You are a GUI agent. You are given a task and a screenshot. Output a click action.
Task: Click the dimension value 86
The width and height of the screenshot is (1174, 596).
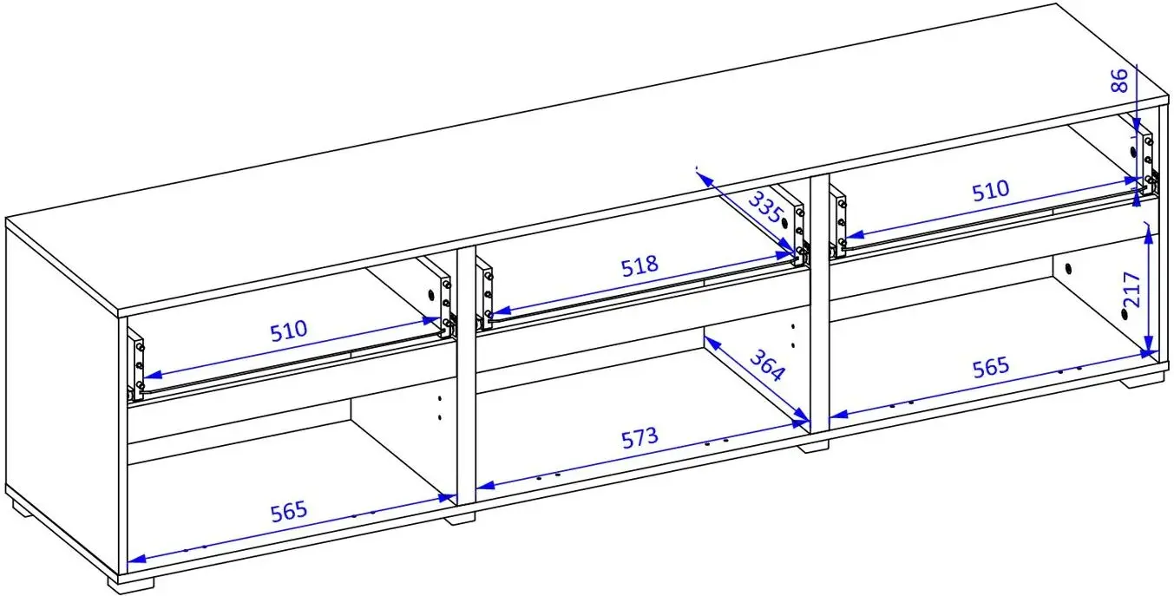coord(1118,80)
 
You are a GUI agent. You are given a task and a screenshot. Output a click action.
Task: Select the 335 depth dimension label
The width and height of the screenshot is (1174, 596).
coord(765,207)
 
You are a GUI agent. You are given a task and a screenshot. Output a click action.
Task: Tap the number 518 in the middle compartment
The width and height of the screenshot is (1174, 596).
coord(639,266)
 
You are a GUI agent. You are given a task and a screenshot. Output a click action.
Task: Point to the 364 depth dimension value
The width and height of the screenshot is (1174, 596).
coord(768,365)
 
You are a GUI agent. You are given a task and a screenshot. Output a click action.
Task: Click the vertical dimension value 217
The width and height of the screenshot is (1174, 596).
coord(1132,290)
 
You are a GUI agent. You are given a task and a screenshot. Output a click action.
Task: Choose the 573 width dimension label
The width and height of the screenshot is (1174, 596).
coord(639,438)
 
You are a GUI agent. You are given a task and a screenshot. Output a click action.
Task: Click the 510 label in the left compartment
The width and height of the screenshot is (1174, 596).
coord(288,331)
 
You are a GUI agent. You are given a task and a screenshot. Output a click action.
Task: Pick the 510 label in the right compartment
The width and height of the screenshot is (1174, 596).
coord(990,191)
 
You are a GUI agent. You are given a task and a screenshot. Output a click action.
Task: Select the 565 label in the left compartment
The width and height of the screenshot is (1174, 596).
coord(288,512)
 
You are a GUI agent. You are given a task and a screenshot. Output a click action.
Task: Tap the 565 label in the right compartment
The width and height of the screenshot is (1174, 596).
coord(990,368)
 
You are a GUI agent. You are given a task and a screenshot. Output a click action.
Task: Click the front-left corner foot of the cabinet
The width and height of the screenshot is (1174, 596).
coord(131,583)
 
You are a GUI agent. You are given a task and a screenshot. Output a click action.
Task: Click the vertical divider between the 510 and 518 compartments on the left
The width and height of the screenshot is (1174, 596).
coord(467,375)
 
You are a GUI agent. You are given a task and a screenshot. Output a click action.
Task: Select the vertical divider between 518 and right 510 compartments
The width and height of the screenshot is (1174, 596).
coord(820,304)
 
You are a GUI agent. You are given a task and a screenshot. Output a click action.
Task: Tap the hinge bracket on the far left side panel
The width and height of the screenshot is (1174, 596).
coord(137,365)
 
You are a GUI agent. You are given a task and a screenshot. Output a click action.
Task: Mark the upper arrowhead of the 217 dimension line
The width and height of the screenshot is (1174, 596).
coord(1148,237)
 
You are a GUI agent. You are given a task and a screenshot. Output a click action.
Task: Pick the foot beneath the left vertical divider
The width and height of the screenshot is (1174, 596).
coord(460,519)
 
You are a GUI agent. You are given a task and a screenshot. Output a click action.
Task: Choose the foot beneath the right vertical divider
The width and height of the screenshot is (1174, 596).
coord(813,447)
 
